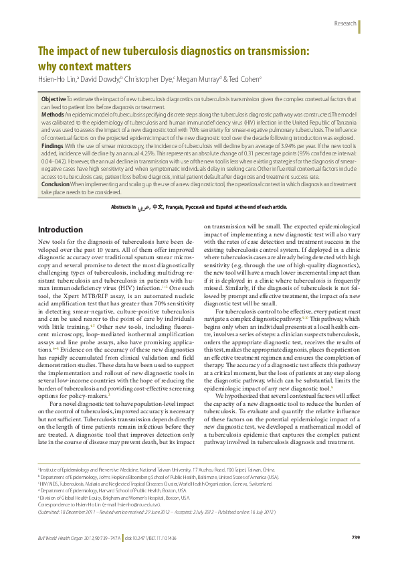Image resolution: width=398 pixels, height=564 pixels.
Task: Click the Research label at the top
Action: coord(344,23)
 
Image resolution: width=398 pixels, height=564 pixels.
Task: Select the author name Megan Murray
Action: coord(197,79)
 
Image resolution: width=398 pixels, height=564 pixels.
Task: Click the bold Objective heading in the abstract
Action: coord(54,98)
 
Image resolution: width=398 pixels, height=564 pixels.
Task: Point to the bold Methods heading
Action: coord(53,114)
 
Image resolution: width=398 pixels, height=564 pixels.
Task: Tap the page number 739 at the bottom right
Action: coord(356,538)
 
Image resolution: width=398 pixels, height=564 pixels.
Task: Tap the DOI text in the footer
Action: coord(146,538)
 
